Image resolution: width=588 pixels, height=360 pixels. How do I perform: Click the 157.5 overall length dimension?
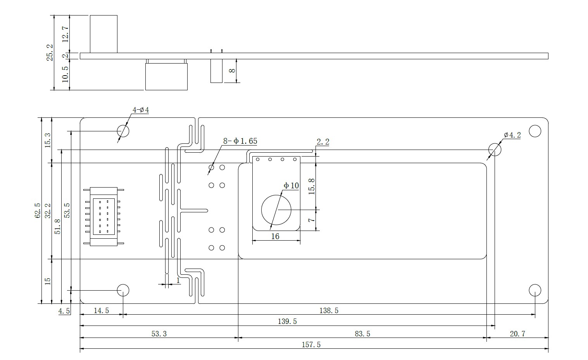coord(311,344)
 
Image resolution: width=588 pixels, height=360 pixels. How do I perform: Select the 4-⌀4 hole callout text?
coord(141,110)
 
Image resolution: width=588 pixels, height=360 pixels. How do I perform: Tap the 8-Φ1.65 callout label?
coord(240,141)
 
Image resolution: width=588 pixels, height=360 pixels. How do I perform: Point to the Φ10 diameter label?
coord(291,186)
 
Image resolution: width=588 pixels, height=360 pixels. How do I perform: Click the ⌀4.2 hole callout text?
coord(512,135)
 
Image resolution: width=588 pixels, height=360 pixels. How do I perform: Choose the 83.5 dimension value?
coord(362,334)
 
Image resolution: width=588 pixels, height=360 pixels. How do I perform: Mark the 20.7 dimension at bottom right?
coord(517,334)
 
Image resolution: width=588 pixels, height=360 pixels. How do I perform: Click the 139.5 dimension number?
coord(287,321)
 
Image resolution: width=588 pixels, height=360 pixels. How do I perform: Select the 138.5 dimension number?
coord(329,310)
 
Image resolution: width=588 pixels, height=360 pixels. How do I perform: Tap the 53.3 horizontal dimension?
coord(159,334)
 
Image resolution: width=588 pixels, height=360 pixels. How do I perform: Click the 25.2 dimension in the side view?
coord(50,52)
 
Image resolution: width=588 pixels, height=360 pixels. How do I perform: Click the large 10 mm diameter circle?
coord(276,210)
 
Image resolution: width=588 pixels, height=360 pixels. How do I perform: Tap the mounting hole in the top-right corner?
coord(535,131)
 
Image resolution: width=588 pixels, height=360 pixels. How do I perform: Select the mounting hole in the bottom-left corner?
coord(123,290)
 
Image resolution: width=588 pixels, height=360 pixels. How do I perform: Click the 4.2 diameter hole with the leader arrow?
coord(494,149)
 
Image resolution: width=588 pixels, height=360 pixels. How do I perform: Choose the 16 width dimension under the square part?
coord(275,236)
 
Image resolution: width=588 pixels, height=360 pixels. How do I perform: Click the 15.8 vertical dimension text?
coord(311,186)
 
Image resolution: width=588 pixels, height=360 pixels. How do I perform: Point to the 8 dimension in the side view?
coord(232,71)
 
